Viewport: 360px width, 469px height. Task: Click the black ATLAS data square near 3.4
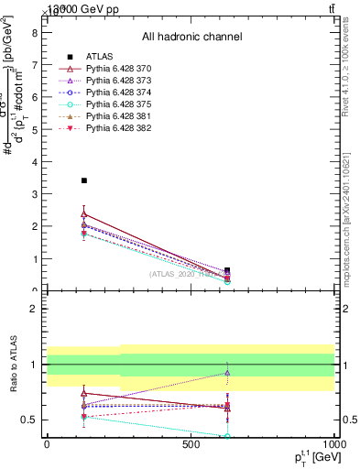(x=84, y=180)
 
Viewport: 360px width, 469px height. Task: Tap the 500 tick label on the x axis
(x=191, y=444)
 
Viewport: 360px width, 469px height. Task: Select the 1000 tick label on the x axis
(x=335, y=444)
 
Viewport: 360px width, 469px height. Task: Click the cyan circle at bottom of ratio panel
(x=227, y=436)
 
